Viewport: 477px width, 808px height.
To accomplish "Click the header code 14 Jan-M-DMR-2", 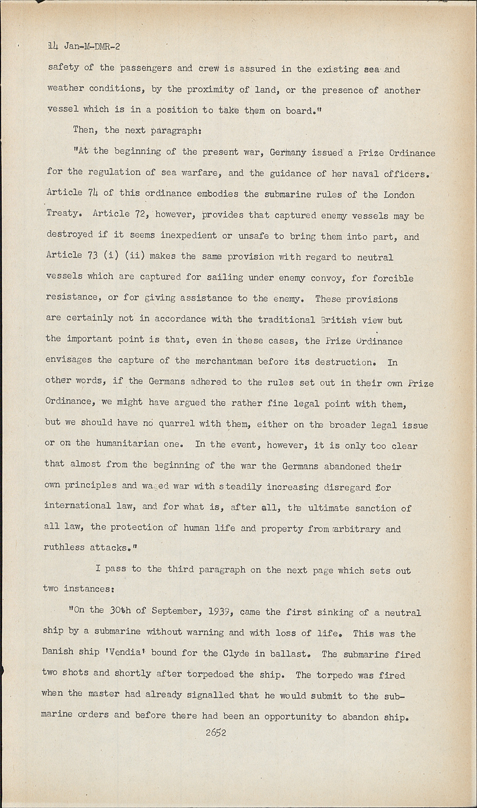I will pos(84,47).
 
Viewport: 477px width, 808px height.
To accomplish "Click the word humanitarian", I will pos(127,444).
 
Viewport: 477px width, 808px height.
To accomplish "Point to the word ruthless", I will pos(64,547).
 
